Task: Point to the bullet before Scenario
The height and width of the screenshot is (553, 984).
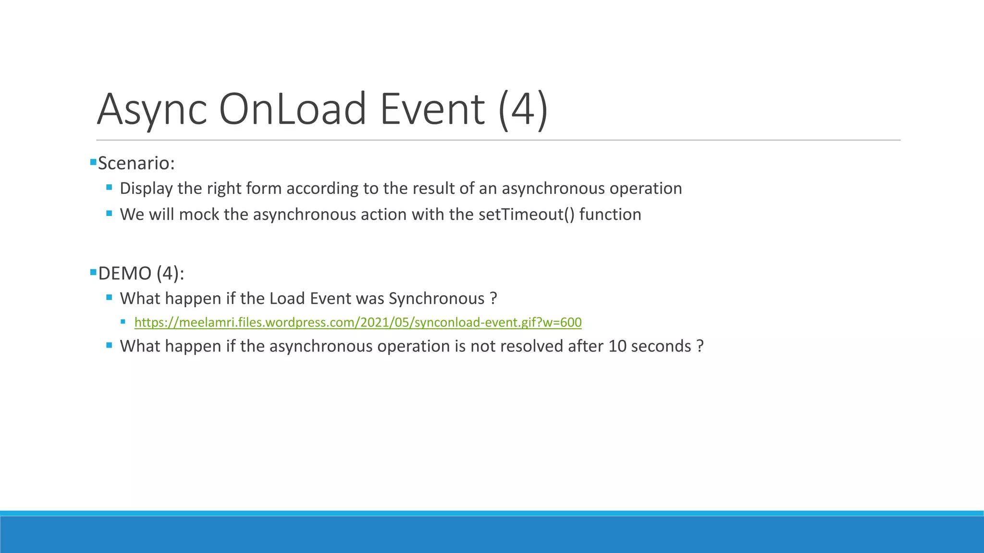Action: pyautogui.click(x=93, y=162)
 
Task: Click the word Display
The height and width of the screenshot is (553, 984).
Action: pyautogui.click(x=146, y=189)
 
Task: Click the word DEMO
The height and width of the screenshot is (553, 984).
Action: pyautogui.click(x=125, y=274)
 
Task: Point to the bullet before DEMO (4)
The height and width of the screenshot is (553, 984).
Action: pyautogui.click(x=93, y=272)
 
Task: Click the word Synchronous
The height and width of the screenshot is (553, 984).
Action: pyautogui.click(x=436, y=299)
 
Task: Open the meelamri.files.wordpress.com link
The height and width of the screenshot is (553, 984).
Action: pyautogui.click(x=358, y=322)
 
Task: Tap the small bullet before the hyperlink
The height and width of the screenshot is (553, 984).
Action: pyautogui.click(x=123, y=322)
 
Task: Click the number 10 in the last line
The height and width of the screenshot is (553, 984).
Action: pyautogui.click(x=617, y=346)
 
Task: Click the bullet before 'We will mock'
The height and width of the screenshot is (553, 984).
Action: pyautogui.click(x=109, y=213)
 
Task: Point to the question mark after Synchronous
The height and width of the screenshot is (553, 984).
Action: pyautogui.click(x=493, y=299)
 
